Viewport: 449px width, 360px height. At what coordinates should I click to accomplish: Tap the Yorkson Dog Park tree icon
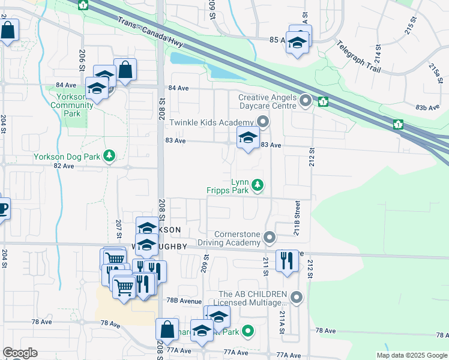click(x=109, y=156)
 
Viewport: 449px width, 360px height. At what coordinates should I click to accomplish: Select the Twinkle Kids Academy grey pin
click(x=263, y=122)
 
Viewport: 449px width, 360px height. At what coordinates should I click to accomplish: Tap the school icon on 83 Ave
click(x=248, y=139)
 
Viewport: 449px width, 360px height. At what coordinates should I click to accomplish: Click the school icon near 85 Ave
click(x=297, y=42)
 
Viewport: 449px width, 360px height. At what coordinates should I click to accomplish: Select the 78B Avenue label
click(x=184, y=301)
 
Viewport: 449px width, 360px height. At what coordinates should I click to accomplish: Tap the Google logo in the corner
click(x=20, y=353)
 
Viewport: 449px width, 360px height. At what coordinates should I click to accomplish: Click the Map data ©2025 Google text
click(x=411, y=355)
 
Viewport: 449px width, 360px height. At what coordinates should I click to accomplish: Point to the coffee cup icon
click(x=2, y=209)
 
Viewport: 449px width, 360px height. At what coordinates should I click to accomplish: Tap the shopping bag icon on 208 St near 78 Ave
click(x=167, y=329)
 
